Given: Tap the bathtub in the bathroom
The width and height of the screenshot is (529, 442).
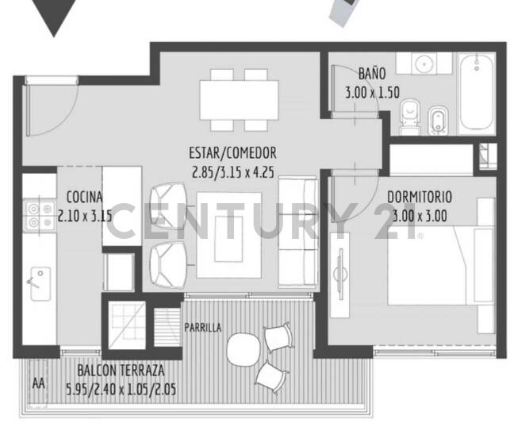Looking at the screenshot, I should (476, 92).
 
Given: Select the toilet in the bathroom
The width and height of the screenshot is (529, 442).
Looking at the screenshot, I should (409, 117).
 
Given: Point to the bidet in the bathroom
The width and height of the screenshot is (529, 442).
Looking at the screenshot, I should (437, 119).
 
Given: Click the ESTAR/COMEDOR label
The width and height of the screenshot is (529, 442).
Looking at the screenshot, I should (232, 153).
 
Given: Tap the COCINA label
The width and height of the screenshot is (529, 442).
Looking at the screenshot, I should (83, 197).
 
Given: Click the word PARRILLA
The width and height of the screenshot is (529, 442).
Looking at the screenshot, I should (203, 327).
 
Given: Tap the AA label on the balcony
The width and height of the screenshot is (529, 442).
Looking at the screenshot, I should (38, 383).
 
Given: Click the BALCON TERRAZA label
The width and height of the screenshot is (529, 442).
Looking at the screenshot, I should (121, 371).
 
